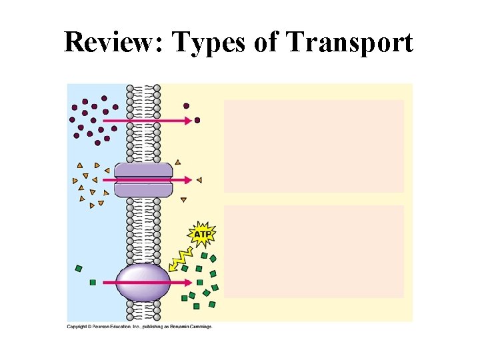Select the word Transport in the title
point(349,43)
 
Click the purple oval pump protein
point(143,282)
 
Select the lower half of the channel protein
point(143,189)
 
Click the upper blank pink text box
point(313,146)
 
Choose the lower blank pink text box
point(313,251)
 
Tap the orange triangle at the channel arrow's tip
point(199,180)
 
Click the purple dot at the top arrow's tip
point(197,121)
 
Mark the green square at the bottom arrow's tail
point(93,282)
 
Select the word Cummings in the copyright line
point(197,327)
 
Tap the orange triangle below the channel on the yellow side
point(183,199)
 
